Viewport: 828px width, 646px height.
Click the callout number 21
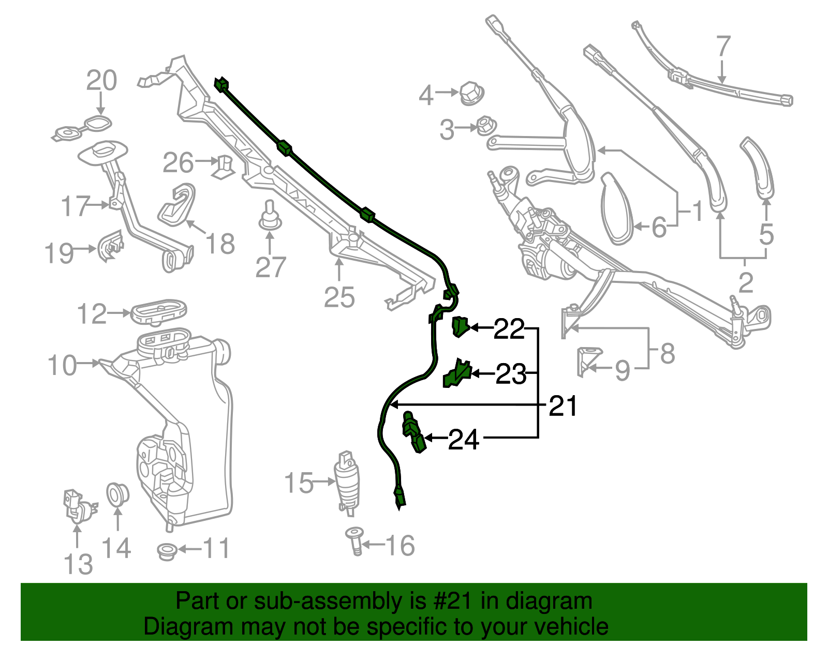pyautogui.click(x=563, y=406)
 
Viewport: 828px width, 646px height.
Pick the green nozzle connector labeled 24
pyautogui.click(x=414, y=432)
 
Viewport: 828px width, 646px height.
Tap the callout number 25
pyautogui.click(x=339, y=297)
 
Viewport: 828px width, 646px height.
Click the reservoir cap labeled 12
pyautogui.click(x=158, y=311)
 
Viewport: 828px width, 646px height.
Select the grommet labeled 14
pyautogui.click(x=117, y=494)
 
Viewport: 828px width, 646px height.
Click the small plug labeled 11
pyautogui.click(x=167, y=551)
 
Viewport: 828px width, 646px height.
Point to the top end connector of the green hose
pyautogui.click(x=221, y=85)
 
